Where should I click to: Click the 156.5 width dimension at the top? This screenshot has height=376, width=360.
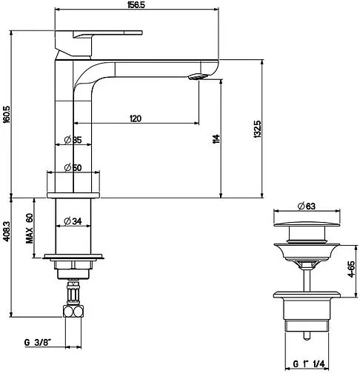point(136,5)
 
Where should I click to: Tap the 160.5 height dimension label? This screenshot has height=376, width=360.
point(7,114)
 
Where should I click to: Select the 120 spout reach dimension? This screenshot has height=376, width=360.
point(136,118)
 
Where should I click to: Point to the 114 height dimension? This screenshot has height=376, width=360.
point(216,139)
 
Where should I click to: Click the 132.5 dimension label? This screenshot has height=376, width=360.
point(257,129)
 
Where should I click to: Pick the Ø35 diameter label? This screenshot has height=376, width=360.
point(73,140)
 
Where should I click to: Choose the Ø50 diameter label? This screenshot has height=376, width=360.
point(73,167)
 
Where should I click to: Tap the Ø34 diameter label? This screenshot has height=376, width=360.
point(73,221)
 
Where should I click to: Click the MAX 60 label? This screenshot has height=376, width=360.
point(30,229)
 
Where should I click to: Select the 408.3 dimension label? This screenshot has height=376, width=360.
point(7,232)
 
